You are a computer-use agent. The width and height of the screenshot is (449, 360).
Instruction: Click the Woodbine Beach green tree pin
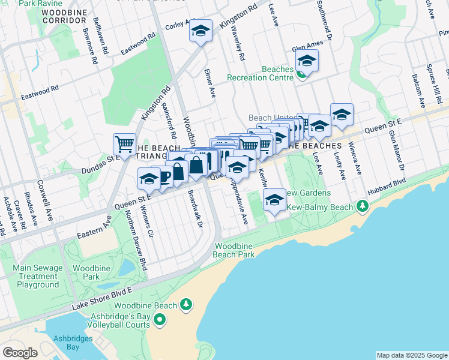tap(187, 305)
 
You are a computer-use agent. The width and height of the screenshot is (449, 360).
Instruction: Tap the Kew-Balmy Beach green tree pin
tap(362, 207)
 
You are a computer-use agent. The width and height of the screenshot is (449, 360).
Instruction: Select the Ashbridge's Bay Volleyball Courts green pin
tap(160, 321)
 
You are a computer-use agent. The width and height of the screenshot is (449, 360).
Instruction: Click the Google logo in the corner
tap(20, 353)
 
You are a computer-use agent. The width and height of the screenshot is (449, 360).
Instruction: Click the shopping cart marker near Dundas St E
tap(124, 144)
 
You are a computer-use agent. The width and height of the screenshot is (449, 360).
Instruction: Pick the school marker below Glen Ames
tap(307, 61)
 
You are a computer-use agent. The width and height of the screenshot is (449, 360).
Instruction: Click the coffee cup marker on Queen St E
tap(163, 175)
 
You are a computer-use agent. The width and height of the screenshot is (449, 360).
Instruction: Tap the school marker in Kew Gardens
tap(274, 200)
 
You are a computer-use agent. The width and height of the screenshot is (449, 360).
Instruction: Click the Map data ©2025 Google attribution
tap(412, 355)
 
